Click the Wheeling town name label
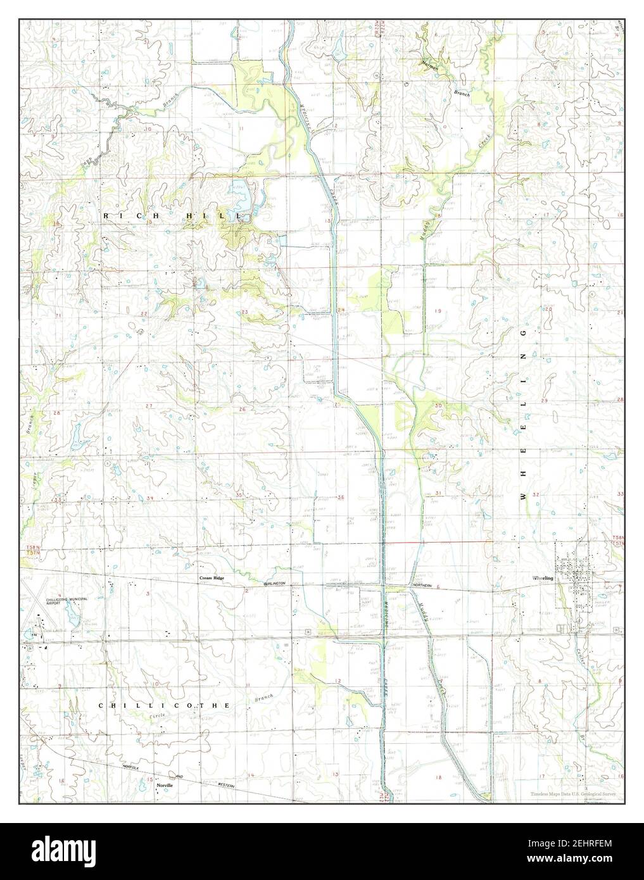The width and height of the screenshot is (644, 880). point(543,578)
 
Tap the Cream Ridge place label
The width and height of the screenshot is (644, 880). point(212,578)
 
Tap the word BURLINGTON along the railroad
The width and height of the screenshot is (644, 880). point(275,582)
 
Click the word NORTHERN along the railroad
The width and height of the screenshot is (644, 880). point(422,586)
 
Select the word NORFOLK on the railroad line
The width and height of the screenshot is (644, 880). point(132,767)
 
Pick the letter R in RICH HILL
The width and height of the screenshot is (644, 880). point(106,217)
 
